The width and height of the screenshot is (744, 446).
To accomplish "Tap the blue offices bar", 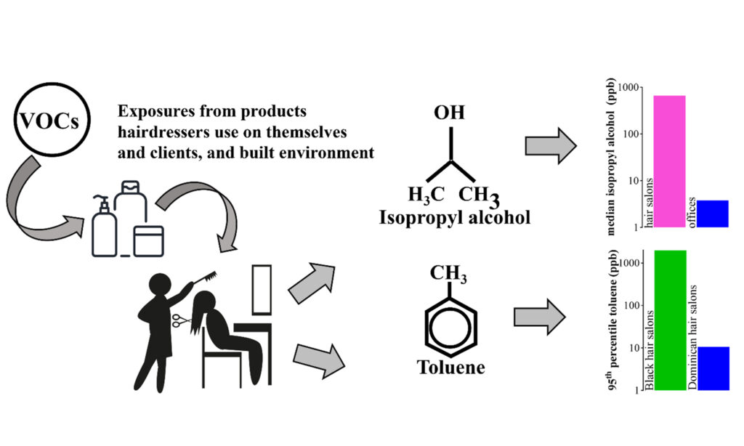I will [x=713, y=214].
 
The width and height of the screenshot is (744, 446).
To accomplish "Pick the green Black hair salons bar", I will [x=669, y=320].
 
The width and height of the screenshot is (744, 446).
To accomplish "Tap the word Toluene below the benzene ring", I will [x=450, y=368].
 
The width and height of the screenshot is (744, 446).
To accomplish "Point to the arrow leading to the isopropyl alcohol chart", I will [x=550, y=146].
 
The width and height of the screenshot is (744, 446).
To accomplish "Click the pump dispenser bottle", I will [x=105, y=229].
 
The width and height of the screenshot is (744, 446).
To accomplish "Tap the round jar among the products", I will [x=148, y=240].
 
